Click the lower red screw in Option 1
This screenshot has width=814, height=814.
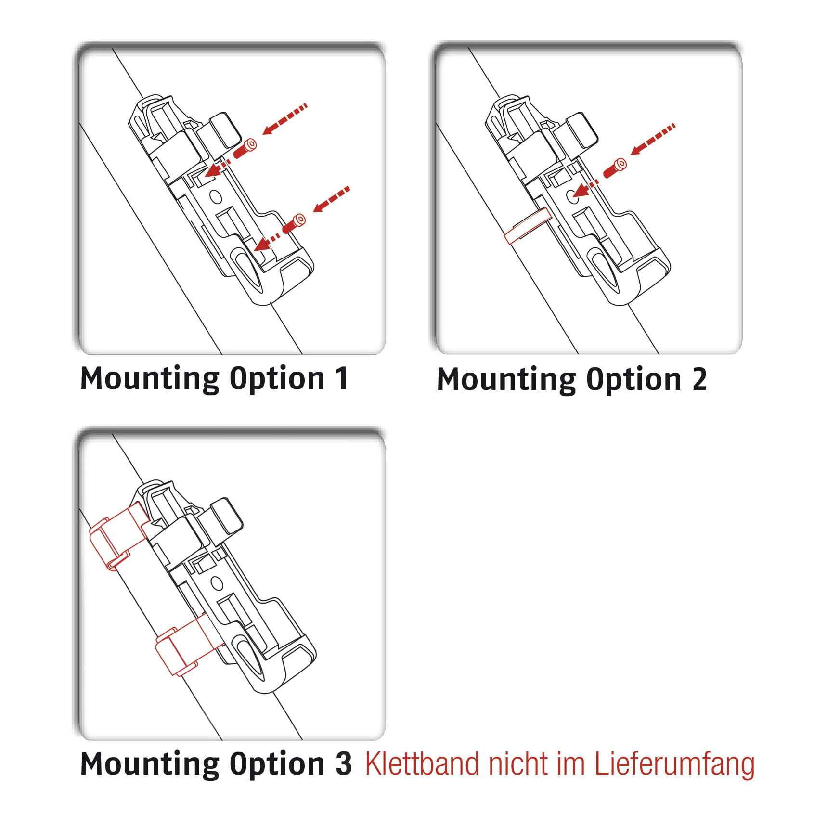point(294,223)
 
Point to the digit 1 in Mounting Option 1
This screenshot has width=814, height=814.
point(341,378)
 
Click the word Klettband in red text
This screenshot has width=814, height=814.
point(422,764)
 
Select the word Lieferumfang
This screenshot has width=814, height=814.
point(674,764)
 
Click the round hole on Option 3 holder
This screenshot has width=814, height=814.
point(217,583)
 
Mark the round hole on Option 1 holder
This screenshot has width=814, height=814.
point(215,196)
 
